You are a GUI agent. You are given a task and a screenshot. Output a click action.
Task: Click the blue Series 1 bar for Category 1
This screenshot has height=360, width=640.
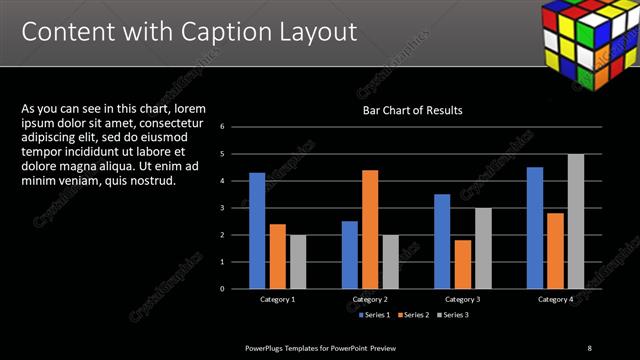(257, 231)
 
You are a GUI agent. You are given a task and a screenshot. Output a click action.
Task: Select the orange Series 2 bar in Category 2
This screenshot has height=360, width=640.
(370, 229)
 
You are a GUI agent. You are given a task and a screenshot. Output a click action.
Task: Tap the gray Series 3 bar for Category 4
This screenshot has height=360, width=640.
(576, 221)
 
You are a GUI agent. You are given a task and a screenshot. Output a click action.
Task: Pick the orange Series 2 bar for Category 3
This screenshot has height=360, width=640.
(462, 264)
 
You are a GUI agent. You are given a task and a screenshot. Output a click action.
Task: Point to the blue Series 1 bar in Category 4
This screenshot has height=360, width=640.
(535, 228)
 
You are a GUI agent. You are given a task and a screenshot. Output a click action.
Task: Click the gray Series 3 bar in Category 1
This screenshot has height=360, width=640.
(298, 262)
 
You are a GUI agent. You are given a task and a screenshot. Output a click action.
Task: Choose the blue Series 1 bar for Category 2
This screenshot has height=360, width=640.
(349, 255)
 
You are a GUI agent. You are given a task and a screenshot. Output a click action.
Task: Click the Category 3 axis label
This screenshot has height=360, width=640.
(463, 299)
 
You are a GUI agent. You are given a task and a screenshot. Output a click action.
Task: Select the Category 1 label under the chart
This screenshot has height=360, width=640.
(278, 299)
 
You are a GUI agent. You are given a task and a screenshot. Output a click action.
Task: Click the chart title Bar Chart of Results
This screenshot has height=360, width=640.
(412, 110)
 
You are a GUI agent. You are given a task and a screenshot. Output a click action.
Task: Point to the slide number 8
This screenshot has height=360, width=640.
(589, 347)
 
